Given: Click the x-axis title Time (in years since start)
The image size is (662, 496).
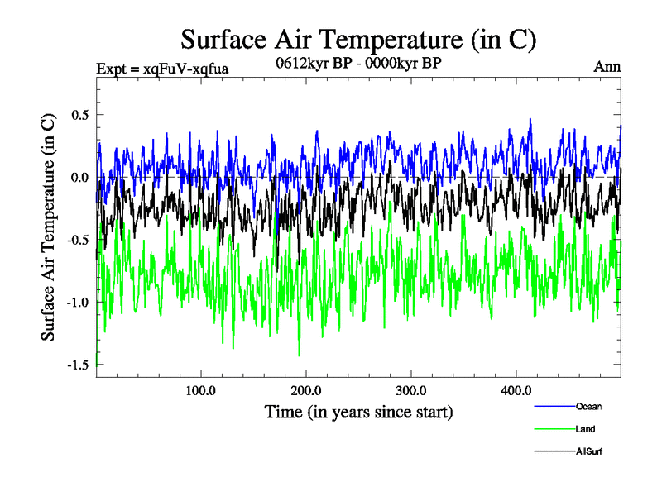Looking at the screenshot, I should pos(358,412).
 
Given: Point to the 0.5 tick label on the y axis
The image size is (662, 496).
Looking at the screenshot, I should pos(79,115).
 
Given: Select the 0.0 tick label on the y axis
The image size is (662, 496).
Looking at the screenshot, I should pos(79,177).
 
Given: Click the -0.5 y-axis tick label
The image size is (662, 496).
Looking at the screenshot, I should pos(77,240).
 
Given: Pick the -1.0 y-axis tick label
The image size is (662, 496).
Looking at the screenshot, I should pos(77,302).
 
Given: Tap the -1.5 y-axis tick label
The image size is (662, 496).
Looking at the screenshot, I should pos(77,365).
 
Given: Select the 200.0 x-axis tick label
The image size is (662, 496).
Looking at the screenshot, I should pos(306,390).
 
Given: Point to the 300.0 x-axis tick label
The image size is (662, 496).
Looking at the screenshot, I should pos(411,390).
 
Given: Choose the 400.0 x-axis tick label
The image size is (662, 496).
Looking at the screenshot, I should pos(516,390).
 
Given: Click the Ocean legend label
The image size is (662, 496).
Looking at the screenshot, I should pos(588,406).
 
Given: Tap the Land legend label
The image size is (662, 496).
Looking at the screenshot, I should pos(585,429).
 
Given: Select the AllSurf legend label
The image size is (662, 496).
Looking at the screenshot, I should pos(589,451).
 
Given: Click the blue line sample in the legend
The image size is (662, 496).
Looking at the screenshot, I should pos(554,406).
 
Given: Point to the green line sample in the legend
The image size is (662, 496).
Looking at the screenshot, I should pos(554,429).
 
